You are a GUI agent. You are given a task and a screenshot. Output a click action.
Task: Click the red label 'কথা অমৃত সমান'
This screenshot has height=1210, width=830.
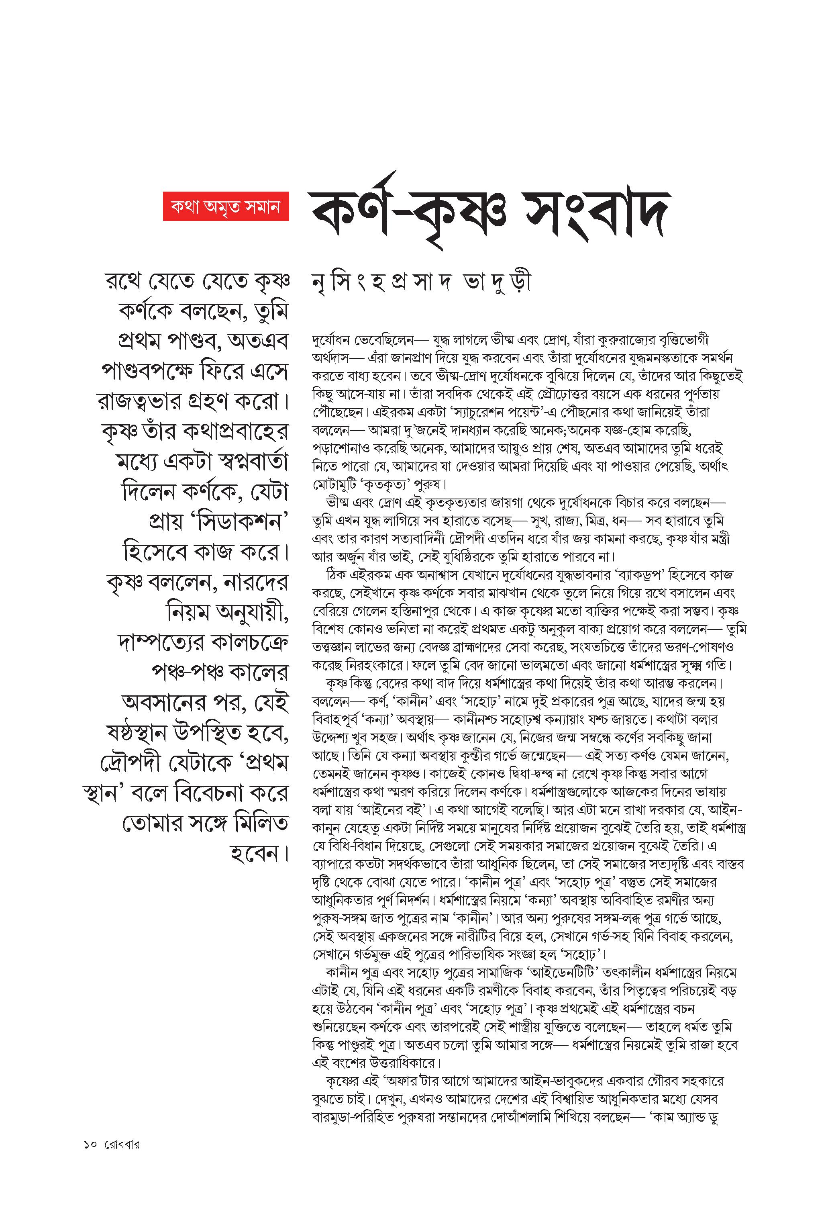[226, 207]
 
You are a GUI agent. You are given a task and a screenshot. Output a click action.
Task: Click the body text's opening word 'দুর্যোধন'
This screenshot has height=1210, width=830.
[333, 341]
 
